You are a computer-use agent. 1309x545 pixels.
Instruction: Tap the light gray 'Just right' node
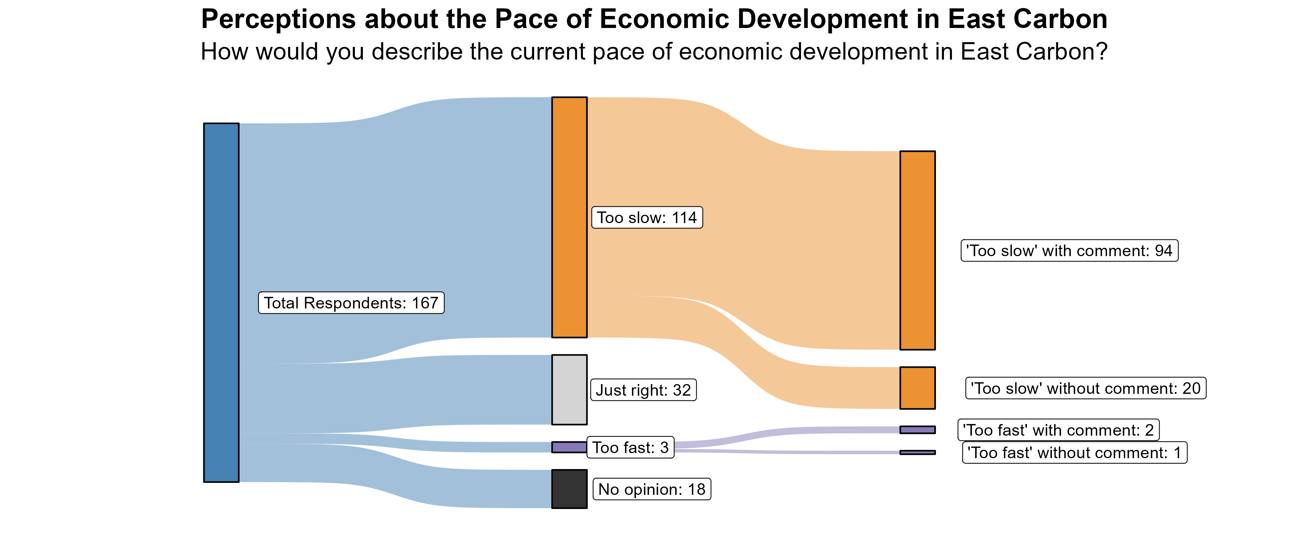(x=569, y=389)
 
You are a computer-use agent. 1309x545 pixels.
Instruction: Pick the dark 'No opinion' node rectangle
(x=569, y=489)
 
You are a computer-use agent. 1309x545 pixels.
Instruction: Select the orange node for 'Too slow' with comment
(x=917, y=250)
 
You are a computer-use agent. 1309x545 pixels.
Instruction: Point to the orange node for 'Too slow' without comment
(x=917, y=388)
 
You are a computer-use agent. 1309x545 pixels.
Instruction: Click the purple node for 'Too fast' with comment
(x=917, y=430)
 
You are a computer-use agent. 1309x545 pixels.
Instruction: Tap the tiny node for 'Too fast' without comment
(x=917, y=452)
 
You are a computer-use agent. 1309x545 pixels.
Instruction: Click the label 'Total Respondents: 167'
(x=351, y=303)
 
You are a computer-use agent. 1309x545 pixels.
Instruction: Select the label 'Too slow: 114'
(x=647, y=217)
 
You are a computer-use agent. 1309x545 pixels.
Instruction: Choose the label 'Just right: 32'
(x=643, y=390)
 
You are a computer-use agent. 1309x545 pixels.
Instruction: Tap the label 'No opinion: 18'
(x=652, y=489)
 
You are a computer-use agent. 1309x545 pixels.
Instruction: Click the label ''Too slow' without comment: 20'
(x=1085, y=388)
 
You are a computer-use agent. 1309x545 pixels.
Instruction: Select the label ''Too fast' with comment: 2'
(x=1058, y=430)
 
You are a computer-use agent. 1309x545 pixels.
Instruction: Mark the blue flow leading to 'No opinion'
(x=396, y=475)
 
